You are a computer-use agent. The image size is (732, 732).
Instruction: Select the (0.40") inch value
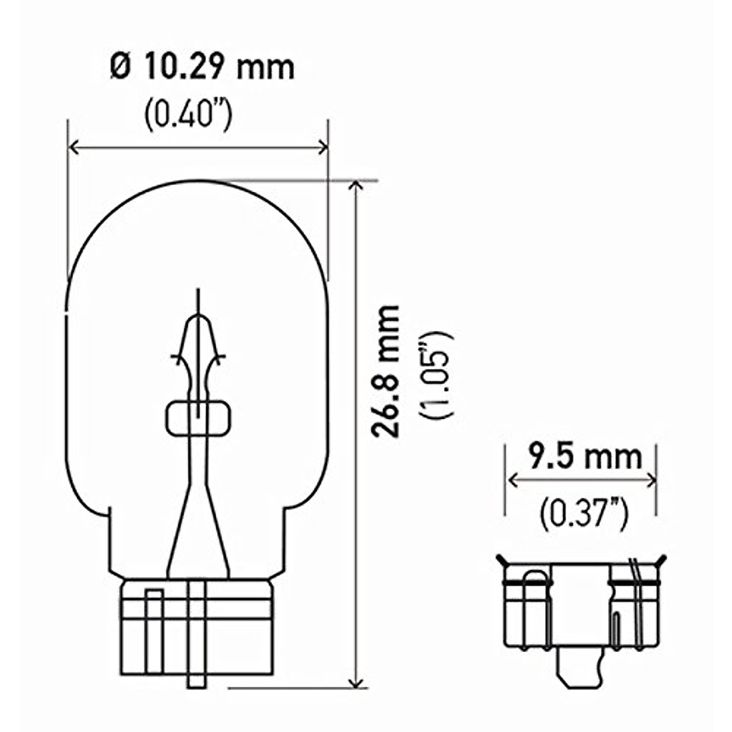[188, 115]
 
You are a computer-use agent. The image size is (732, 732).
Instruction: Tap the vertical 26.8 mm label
[386, 370]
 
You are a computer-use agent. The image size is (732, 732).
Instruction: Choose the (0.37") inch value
[584, 514]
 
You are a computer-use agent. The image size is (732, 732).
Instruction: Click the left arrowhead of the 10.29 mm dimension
[73, 147]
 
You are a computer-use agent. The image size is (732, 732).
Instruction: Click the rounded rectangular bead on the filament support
[198, 418]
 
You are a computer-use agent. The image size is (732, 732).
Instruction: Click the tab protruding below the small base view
[581, 668]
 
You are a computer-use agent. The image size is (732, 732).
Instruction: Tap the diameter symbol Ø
[120, 67]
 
